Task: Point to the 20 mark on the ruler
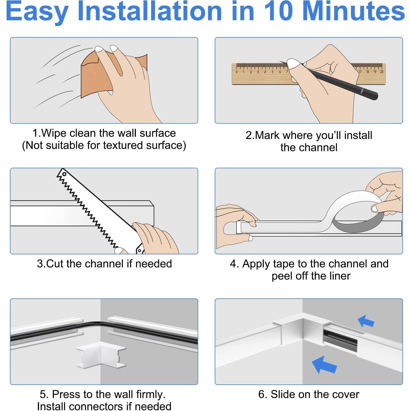(x=382, y=72)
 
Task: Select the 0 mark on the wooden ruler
(x=236, y=72)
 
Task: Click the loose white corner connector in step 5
(x=101, y=355)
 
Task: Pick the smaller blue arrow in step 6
(x=366, y=321)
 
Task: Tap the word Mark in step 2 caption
(x=268, y=135)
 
